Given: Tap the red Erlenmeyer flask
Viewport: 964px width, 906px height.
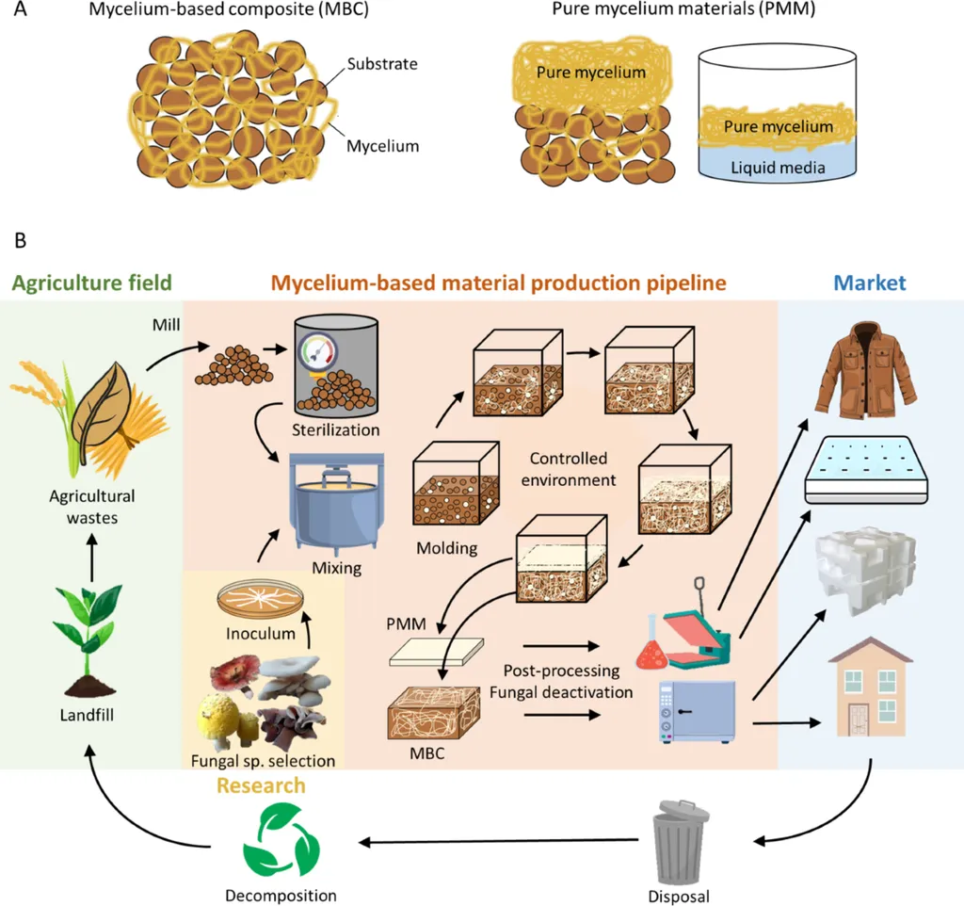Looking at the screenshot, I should click(651, 651).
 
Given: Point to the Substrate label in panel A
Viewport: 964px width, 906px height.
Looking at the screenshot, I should click(381, 64).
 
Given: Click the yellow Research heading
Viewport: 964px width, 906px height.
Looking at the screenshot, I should click(262, 785).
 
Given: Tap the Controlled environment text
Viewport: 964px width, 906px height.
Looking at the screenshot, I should click(572, 469).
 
